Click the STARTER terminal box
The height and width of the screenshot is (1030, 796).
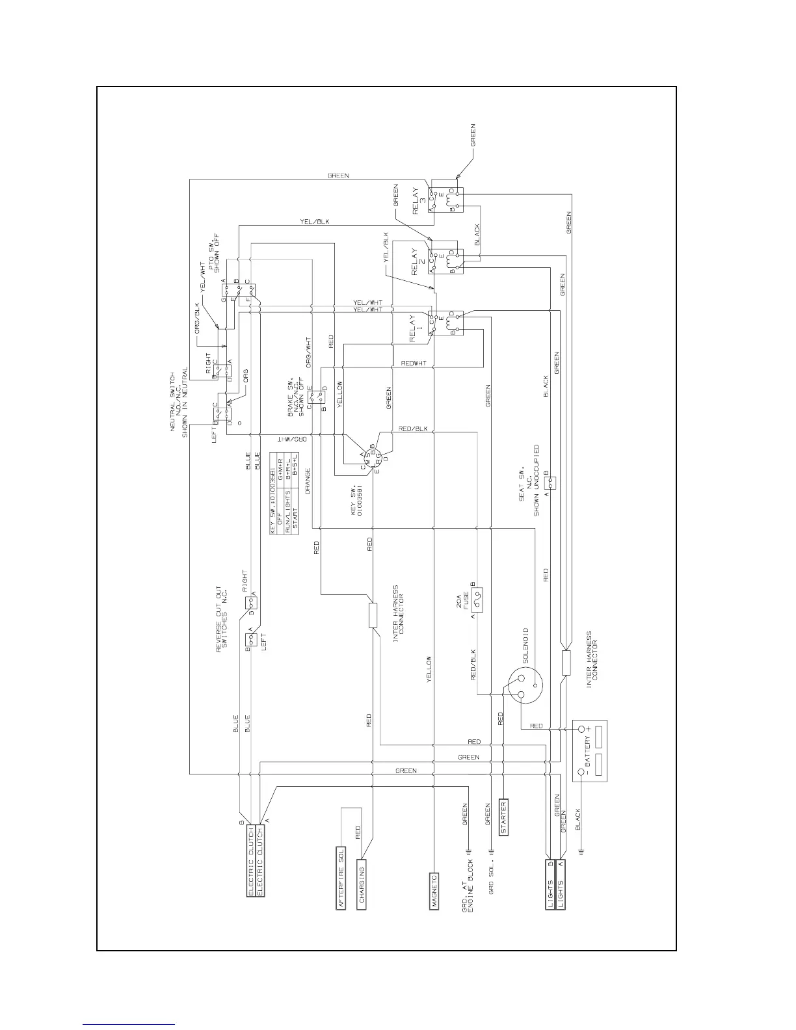pos(503,817)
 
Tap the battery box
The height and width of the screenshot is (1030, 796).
pos(589,751)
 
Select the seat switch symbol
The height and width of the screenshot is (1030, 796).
pos(551,482)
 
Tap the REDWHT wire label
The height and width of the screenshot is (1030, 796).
pos(414,363)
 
